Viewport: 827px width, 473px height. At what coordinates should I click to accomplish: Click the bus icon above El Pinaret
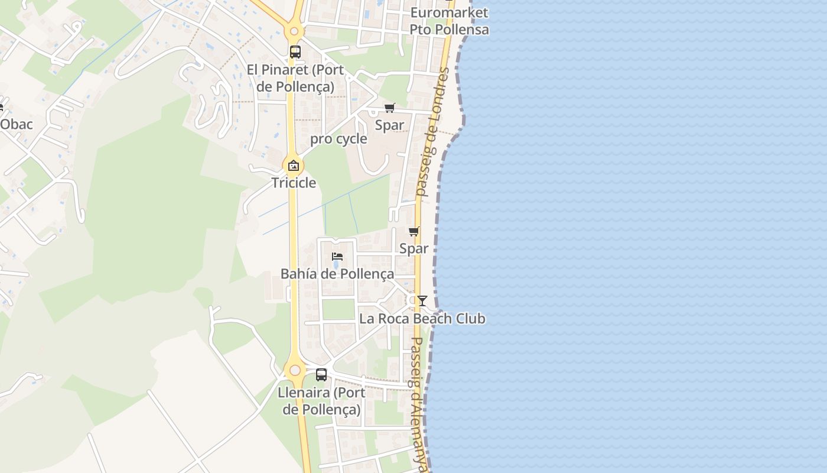295,51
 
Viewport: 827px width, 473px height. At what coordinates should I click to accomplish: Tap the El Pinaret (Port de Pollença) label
295,78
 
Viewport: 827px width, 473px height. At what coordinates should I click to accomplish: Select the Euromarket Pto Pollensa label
450,21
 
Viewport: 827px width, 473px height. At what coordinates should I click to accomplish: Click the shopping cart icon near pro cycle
389,108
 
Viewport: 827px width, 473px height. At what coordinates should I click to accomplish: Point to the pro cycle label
338,139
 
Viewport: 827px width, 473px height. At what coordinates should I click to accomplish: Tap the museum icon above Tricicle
294,166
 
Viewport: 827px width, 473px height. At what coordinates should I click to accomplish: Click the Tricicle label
294,183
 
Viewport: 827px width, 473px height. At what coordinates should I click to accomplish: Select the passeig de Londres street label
432,132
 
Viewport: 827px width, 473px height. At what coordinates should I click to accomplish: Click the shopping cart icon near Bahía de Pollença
413,231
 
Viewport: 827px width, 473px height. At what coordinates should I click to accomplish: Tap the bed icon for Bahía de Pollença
337,257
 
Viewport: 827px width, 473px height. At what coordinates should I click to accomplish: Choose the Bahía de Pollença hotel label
337,274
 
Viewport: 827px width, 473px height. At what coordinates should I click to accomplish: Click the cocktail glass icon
422,301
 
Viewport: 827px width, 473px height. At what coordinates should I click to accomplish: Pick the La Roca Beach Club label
422,319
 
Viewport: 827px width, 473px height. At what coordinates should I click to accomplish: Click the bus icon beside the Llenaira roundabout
321,374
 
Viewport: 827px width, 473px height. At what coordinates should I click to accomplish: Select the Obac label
16,124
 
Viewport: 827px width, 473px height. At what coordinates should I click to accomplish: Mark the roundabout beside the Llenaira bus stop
295,371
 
